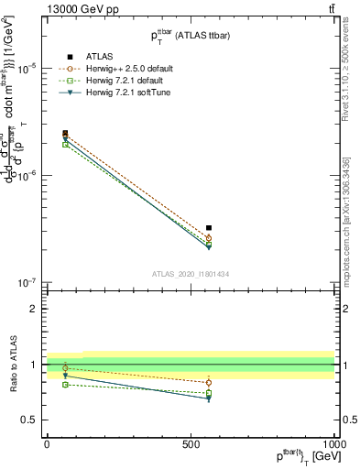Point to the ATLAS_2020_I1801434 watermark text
click(190, 274)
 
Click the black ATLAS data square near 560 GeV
click(209, 228)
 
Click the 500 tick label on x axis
click(191, 444)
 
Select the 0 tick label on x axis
click(47, 444)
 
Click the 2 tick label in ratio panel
click(35, 309)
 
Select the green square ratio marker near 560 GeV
click(209, 393)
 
